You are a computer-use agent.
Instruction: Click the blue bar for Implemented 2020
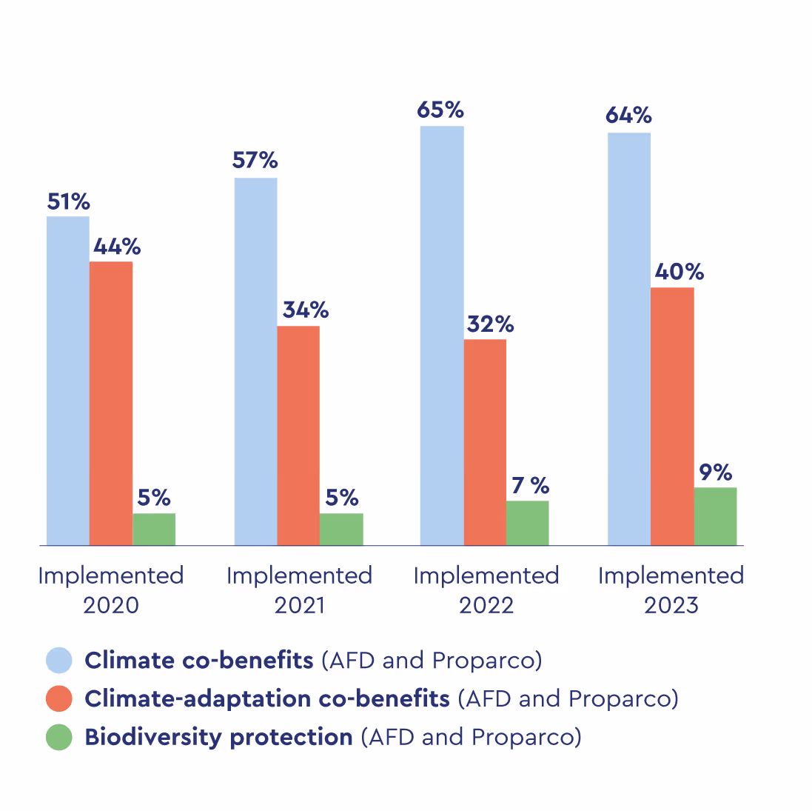tap(68, 381)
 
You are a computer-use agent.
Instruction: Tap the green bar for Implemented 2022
tap(528, 523)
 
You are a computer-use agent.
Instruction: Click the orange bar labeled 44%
tap(111, 403)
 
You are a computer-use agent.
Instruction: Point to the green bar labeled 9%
tap(715, 516)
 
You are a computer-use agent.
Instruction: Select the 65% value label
tap(440, 110)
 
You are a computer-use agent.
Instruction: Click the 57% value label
tap(255, 161)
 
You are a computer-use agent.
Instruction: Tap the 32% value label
tap(490, 324)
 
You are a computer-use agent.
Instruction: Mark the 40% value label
tap(679, 272)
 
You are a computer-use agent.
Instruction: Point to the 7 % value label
tap(531, 486)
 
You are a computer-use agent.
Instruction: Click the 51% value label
tap(69, 201)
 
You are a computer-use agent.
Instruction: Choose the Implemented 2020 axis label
tap(111, 590)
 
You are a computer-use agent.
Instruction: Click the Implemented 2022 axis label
tap(486, 590)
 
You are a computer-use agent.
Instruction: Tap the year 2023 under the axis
tap(671, 606)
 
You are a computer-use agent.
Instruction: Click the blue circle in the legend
tap(59, 660)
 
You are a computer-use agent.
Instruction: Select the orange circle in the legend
tap(59, 698)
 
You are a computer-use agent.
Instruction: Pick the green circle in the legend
tap(59, 737)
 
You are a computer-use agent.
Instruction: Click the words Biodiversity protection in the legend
tap(218, 737)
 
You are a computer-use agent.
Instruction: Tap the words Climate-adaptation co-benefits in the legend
tap(267, 698)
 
